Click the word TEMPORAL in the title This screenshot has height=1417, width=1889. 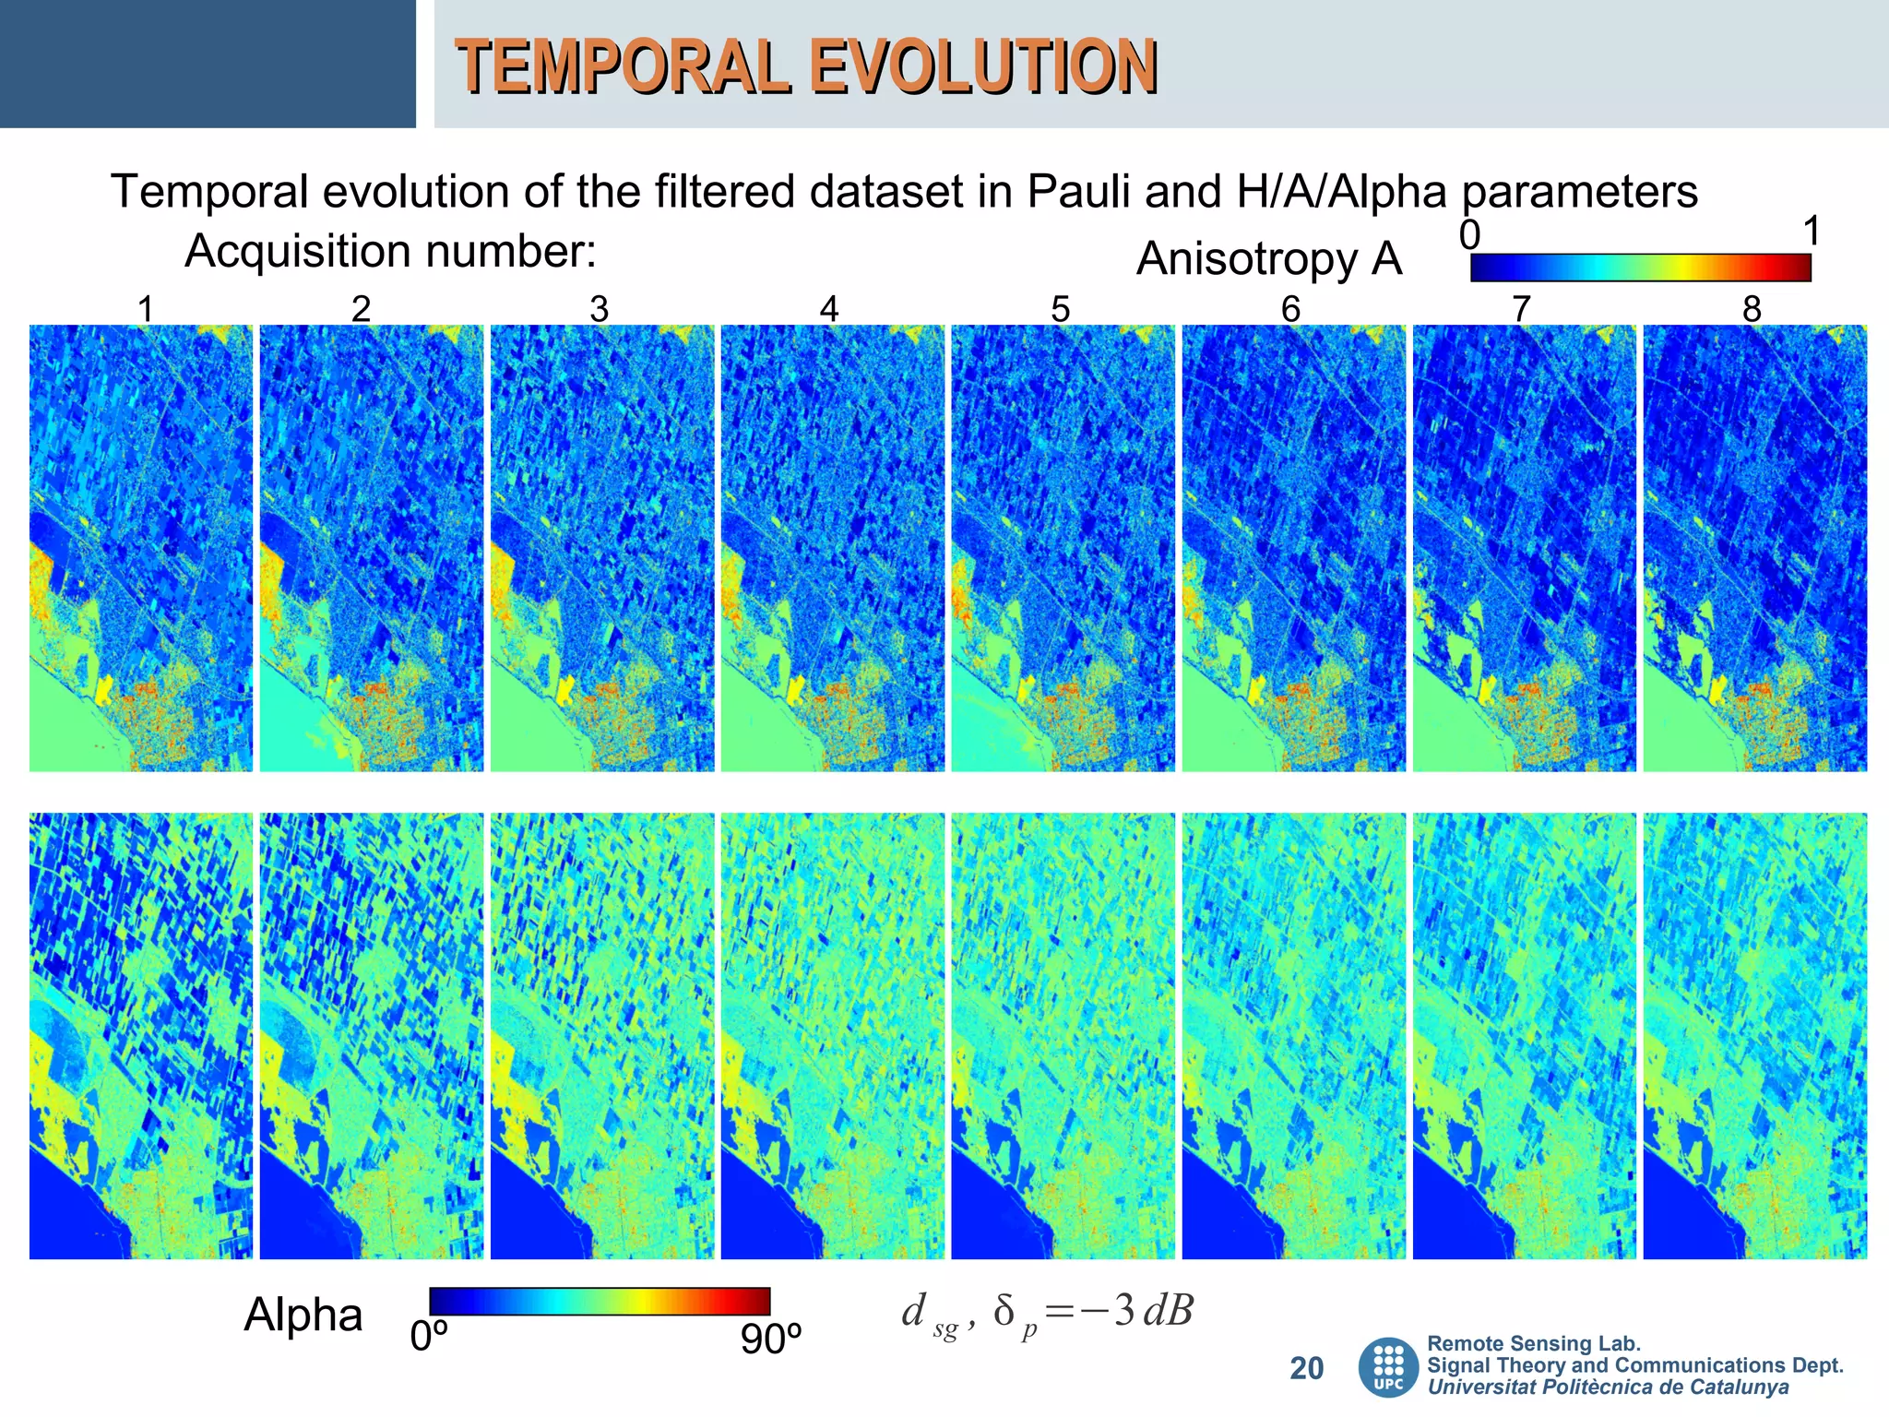pyautogui.click(x=624, y=66)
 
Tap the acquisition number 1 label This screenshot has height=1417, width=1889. pyautogui.click(x=145, y=309)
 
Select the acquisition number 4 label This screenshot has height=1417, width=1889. pyautogui.click(x=829, y=309)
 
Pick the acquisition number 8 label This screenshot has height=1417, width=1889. pyautogui.click(x=1752, y=309)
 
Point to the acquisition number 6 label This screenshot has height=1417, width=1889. pyautogui.click(x=1290, y=309)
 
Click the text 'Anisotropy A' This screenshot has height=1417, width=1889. pyautogui.click(x=1268, y=258)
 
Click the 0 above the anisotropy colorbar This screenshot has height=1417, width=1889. pyautogui.click(x=1469, y=235)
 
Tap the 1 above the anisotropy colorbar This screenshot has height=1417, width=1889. pyautogui.click(x=1812, y=232)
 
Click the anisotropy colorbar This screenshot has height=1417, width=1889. pyautogui.click(x=1640, y=268)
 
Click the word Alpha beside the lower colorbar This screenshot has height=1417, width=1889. pyautogui.click(x=303, y=1315)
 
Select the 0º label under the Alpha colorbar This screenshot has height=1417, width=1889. pyautogui.click(x=429, y=1337)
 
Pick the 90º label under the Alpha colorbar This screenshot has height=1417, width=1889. pyautogui.click(x=771, y=1339)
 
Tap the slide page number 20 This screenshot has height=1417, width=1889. pyautogui.click(x=1306, y=1368)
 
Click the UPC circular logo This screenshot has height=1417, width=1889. pyautogui.click(x=1388, y=1367)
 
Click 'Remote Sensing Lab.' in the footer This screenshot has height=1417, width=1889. pyautogui.click(x=1533, y=1343)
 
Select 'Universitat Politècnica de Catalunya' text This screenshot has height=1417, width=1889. pyautogui.click(x=1608, y=1387)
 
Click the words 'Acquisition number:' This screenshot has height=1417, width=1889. pyautogui.click(x=390, y=251)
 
